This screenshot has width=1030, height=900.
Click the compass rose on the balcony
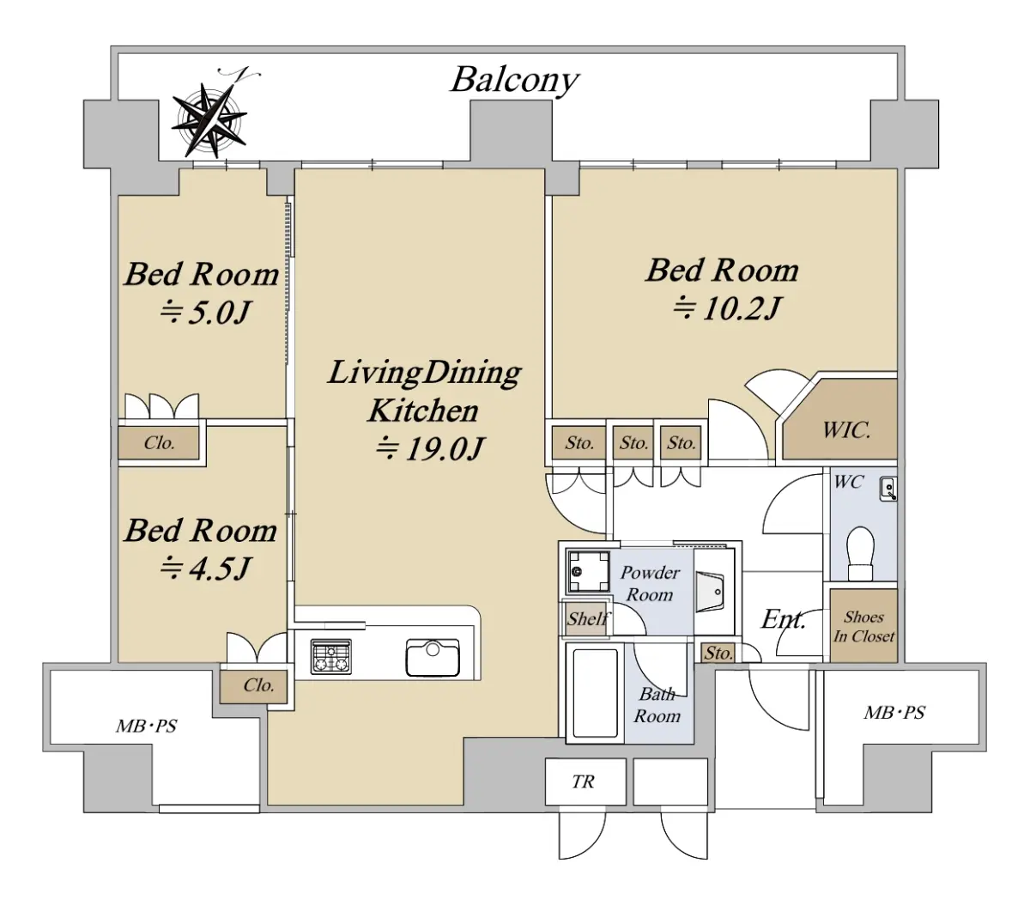tap(209, 119)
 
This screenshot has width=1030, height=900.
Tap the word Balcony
tap(514, 80)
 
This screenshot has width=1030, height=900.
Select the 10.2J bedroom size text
tap(726, 307)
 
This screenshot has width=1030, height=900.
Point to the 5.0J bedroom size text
tap(204, 312)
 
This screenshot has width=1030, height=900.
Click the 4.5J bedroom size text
tap(204, 568)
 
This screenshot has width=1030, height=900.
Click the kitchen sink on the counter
tap(433, 658)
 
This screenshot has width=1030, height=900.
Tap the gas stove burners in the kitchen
tap(330, 657)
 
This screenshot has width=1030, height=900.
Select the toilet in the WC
tap(860, 553)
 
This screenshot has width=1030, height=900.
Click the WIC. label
tap(846, 430)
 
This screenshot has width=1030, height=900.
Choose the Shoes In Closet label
tap(863, 627)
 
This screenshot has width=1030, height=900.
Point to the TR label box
tap(583, 781)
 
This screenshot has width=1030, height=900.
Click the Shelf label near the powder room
tap(587, 618)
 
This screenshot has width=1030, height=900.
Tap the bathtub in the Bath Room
tap(594, 693)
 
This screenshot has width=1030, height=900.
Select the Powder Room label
tap(650, 583)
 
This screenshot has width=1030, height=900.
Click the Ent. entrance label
tap(783, 618)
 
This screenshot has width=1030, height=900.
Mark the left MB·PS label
tap(147, 727)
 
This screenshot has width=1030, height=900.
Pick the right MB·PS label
tap(894, 713)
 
